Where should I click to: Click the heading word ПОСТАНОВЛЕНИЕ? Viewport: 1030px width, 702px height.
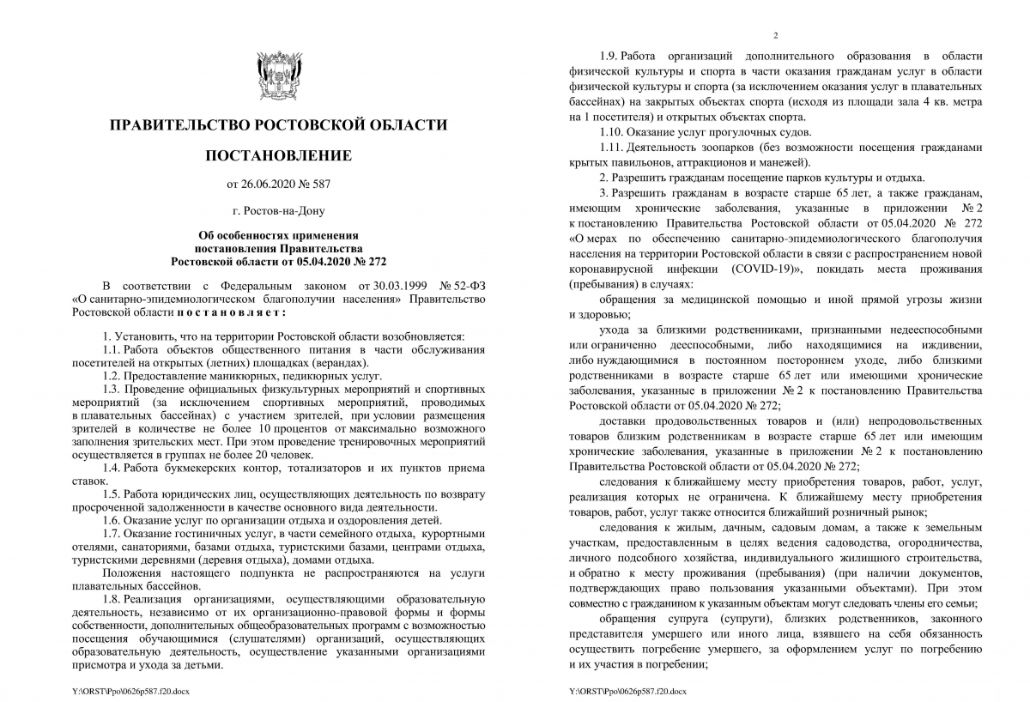(x=278, y=155)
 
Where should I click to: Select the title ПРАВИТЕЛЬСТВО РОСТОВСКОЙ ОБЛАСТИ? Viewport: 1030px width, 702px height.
(x=278, y=125)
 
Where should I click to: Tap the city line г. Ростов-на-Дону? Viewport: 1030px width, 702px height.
(x=278, y=209)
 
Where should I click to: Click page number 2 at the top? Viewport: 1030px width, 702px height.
(x=775, y=35)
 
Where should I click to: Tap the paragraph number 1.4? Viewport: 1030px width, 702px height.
(x=112, y=468)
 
